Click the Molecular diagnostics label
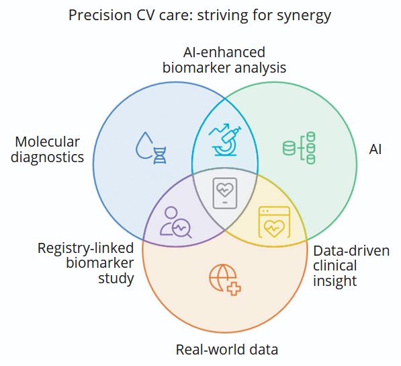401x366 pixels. coord(47,149)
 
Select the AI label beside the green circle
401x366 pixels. coord(375,149)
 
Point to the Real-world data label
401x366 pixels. coord(227,350)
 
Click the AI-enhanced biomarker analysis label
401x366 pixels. coord(224,60)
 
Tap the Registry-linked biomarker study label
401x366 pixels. coord(86,263)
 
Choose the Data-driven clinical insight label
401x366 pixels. coord(351,266)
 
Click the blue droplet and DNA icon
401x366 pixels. coord(151,148)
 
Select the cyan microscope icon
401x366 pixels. coord(224,140)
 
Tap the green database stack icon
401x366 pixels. coord(299,148)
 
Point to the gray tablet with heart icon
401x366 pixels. coord(225,193)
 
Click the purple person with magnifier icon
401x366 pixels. coord(176,222)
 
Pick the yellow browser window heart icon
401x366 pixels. coord(274,222)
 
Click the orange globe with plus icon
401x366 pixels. coord(225,280)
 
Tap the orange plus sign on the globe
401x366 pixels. coord(234,289)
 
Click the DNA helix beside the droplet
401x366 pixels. coord(160,155)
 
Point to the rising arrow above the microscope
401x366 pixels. coord(219,129)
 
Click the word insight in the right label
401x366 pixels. coord(335,281)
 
